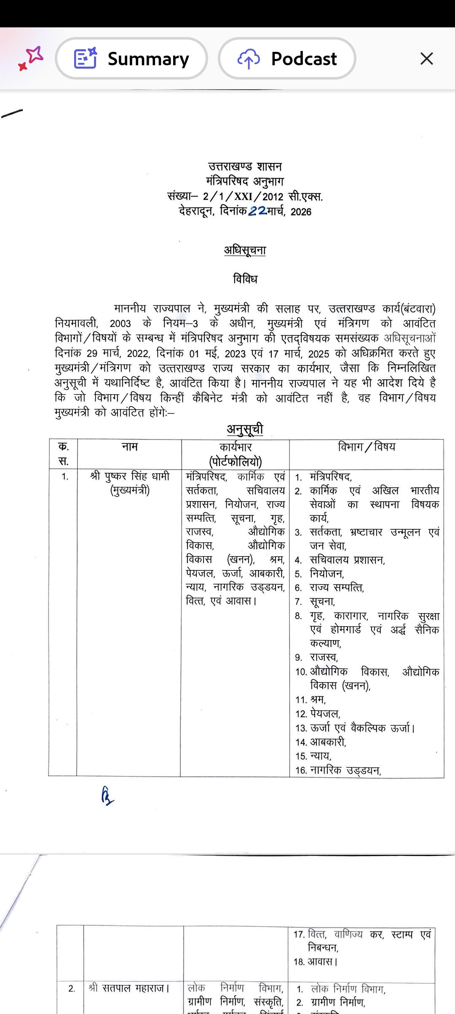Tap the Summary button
(131, 59)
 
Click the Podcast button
(287, 59)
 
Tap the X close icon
(426, 59)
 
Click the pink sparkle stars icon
(31, 58)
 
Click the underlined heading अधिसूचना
(245, 251)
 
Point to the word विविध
(245, 279)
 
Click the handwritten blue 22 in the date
(257, 211)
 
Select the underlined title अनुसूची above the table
(245, 429)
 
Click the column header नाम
(129, 447)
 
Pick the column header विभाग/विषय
(367, 447)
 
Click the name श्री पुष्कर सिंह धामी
(129, 476)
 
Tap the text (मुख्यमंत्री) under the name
(129, 491)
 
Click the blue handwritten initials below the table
(107, 797)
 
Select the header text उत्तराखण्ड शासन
(245, 167)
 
